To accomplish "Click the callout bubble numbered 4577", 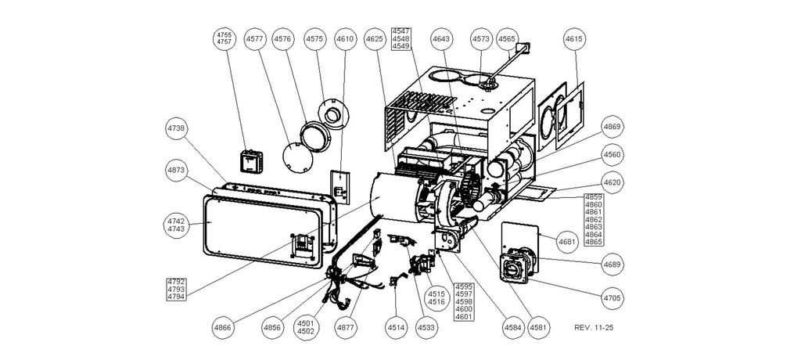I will pyautogui.click(x=255, y=38).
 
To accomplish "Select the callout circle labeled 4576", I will pyautogui.click(x=283, y=38).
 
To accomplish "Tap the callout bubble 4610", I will pyautogui.click(x=345, y=38).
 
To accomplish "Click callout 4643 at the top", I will pyautogui.click(x=442, y=38).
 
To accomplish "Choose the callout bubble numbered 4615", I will pyautogui.click(x=575, y=38).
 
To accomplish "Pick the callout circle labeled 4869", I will pyautogui.click(x=612, y=126).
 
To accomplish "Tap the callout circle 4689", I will pyautogui.click(x=612, y=265).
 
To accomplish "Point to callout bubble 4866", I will pyautogui.click(x=223, y=327).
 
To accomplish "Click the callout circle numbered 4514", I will pyautogui.click(x=397, y=327).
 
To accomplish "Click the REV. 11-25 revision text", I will pyautogui.click(x=594, y=327).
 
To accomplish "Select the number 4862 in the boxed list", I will pyautogui.click(x=594, y=220).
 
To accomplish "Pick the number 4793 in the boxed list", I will pyautogui.click(x=177, y=290).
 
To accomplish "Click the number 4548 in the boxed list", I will pyautogui.click(x=400, y=38).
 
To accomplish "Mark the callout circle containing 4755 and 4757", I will pyautogui.click(x=224, y=38).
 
